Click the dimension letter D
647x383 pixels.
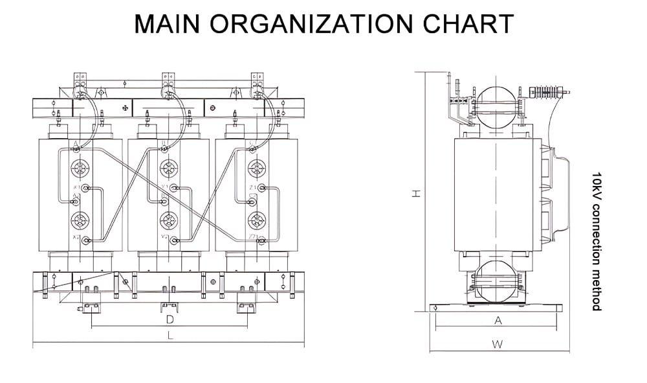point(170,319)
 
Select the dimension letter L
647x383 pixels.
point(170,336)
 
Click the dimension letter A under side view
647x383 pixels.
point(498,320)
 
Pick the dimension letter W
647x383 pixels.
point(497,344)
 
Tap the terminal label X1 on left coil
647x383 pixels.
point(77,188)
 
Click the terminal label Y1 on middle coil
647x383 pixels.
point(164,187)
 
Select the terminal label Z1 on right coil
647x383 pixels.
point(252,188)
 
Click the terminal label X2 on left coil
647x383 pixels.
point(76,238)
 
